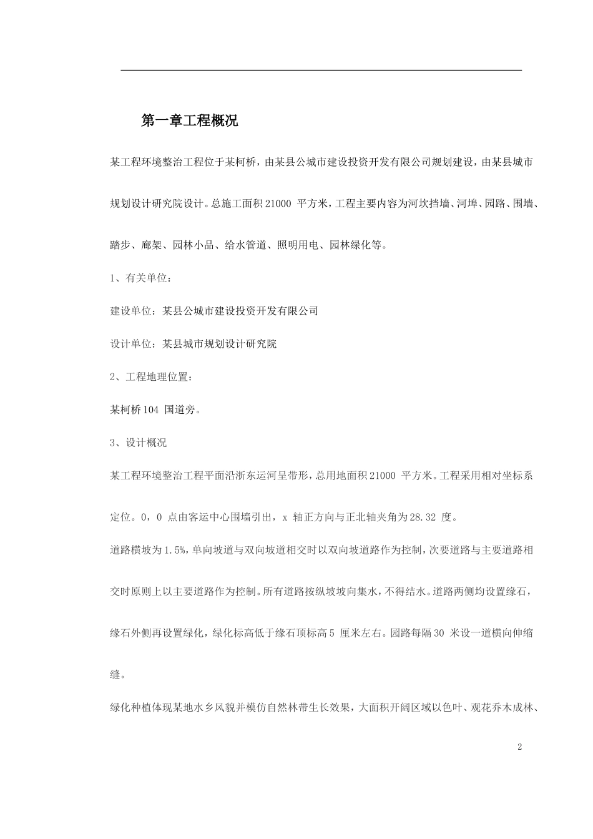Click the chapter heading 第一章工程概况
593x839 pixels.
pos(190,121)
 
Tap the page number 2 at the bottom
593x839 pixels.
pos(519,747)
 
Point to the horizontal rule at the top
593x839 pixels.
pos(321,71)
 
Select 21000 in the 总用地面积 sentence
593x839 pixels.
pos(382,476)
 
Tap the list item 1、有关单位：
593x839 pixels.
pos(139,278)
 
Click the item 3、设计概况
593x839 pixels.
pos(139,443)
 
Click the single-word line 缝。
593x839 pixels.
pos(117,675)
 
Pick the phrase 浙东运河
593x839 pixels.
pos(258,476)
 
